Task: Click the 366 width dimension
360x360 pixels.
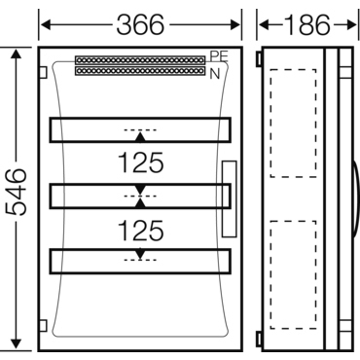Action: point(140,25)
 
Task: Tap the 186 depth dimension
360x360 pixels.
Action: point(306,25)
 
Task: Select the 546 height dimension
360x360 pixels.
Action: point(16,192)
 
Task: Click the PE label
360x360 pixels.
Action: point(219,56)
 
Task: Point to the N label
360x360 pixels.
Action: point(215,74)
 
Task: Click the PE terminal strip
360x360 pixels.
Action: point(140,60)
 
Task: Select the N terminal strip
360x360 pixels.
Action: point(140,71)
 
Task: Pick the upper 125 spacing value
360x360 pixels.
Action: point(141,162)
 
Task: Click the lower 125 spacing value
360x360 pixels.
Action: point(141,231)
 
